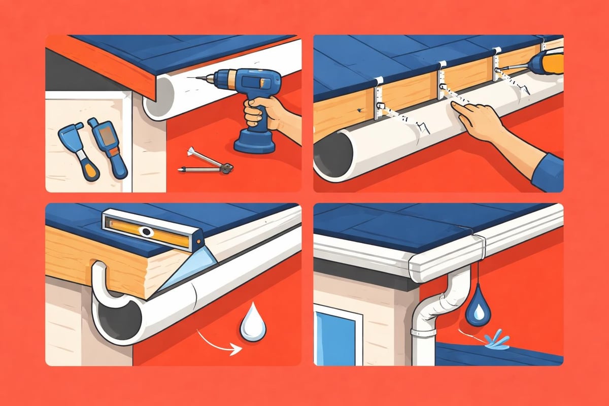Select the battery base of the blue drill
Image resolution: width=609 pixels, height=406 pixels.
[x=254, y=142]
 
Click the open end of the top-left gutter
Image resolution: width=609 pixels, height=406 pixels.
[x=160, y=99]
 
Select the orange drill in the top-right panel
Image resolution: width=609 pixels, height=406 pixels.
[x=551, y=63]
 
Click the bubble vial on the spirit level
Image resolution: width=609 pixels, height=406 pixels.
[x=147, y=232]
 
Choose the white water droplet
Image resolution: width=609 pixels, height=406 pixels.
[x=250, y=325]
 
